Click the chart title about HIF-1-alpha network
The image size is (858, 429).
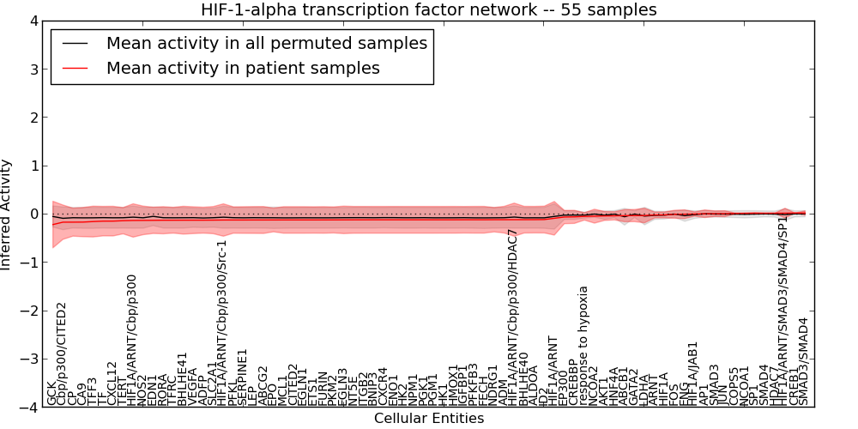point(428,9)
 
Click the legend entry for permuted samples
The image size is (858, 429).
point(266,43)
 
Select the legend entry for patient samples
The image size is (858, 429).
point(243,68)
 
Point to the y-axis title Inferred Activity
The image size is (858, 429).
point(7,214)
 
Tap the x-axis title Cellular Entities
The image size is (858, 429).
point(428,419)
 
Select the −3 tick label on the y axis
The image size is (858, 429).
point(29,360)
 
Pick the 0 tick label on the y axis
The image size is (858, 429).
point(33,214)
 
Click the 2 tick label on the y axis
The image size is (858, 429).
point(33,118)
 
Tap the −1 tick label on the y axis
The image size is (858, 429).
point(29,263)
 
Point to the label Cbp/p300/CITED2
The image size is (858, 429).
point(61,353)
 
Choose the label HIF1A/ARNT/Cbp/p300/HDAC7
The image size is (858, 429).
point(513,317)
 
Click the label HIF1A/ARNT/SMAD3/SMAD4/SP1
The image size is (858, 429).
point(782,309)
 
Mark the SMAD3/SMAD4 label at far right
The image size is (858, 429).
point(804,361)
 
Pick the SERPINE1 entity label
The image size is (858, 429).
point(243,377)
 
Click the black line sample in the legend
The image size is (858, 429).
point(76,43)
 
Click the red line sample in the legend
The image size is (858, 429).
point(76,68)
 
